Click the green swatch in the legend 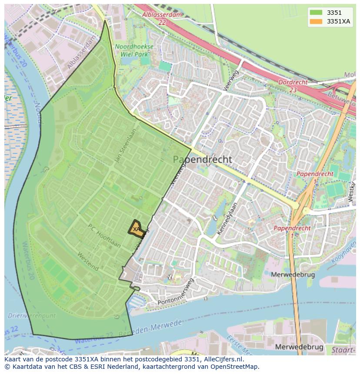pos(316,13)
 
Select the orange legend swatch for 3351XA pos(316,21)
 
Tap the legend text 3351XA pos(338,21)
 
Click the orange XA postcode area pos(137,229)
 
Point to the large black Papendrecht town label pos(202,159)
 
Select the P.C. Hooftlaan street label pos(104,236)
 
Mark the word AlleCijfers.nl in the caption pos(223,359)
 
